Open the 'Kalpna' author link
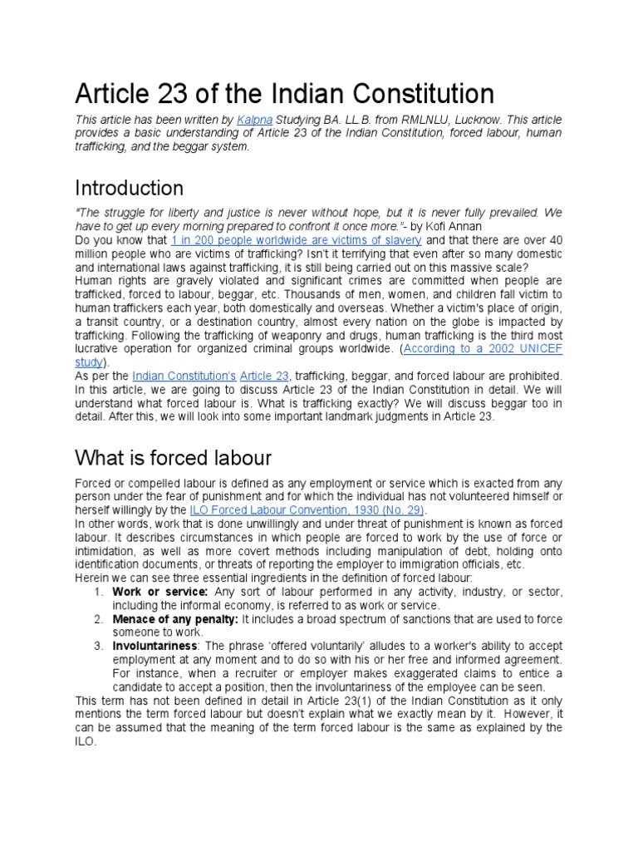pyautogui.click(x=254, y=121)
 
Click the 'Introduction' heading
pyautogui.click(x=129, y=187)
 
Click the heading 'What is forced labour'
pyautogui.click(x=173, y=457)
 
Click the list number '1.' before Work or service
pyautogui.click(x=99, y=591)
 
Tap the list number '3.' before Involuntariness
pyautogui.click(x=99, y=647)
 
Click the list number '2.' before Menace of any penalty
pyautogui.click(x=99, y=619)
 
